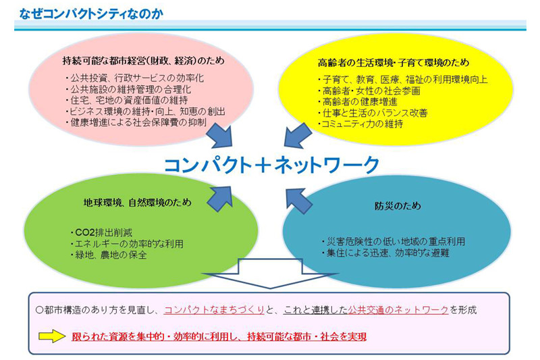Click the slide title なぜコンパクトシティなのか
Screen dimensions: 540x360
click(x=91, y=14)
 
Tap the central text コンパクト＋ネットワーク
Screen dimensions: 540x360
click(x=271, y=165)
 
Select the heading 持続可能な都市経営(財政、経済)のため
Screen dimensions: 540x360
click(x=143, y=61)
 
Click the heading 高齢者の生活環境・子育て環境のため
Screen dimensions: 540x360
click(x=394, y=63)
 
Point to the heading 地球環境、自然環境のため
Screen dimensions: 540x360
click(x=138, y=202)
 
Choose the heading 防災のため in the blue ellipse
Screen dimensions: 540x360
click(x=398, y=205)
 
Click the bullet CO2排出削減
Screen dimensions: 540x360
click(x=101, y=232)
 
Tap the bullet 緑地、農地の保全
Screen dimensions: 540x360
click(x=109, y=255)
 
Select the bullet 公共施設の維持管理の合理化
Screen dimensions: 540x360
click(x=128, y=89)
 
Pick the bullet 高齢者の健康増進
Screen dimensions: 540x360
click(x=358, y=101)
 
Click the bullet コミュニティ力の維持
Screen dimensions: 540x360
click(x=360, y=124)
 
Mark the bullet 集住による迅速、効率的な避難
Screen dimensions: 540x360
click(x=385, y=253)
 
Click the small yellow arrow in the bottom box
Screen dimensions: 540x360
click(x=52, y=336)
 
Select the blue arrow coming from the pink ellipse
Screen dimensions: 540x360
click(x=221, y=135)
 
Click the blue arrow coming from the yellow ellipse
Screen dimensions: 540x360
click(x=298, y=135)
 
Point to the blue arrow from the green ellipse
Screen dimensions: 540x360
click(x=221, y=199)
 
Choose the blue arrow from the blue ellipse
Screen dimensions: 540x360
click(x=299, y=201)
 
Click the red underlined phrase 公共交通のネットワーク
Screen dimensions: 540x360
click(x=398, y=310)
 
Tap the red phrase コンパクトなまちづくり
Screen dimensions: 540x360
click(x=214, y=310)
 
